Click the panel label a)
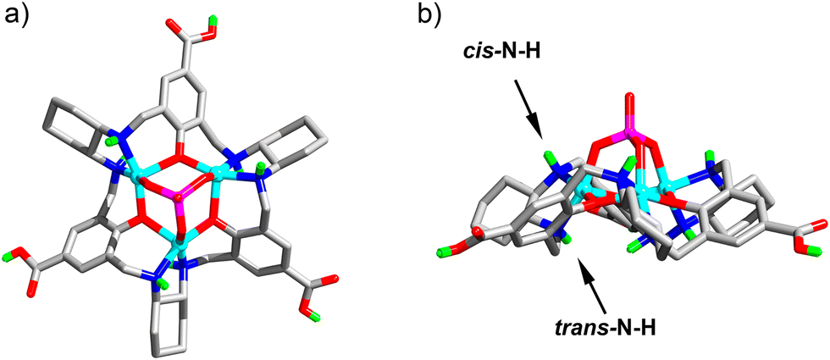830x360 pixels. pyautogui.click(x=19, y=14)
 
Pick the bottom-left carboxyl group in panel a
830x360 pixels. pyautogui.click(x=25, y=261)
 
